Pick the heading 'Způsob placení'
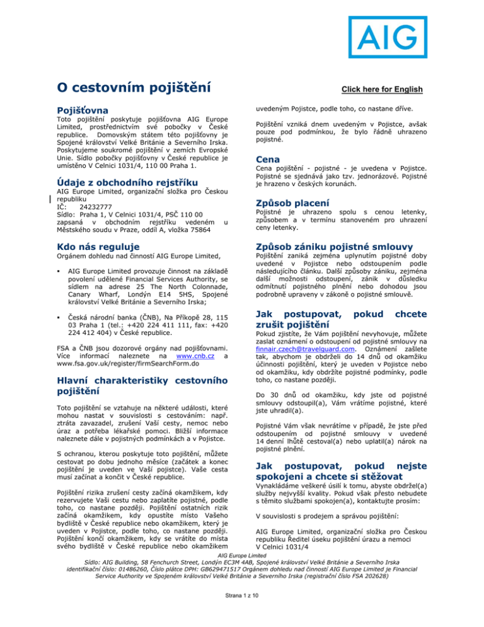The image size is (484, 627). (296, 204)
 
